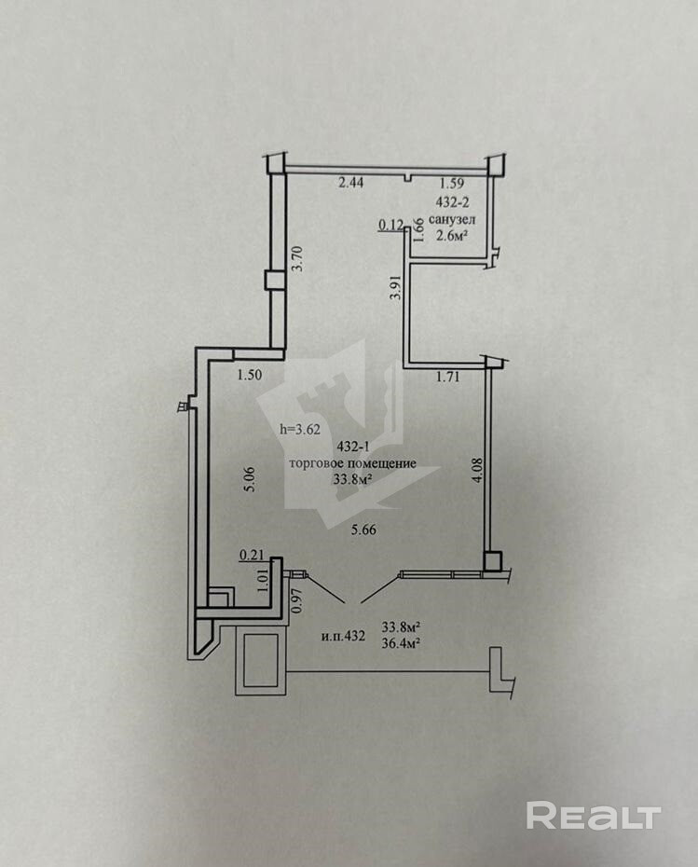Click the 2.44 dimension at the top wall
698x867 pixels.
[350, 184]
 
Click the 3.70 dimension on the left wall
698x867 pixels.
[297, 257]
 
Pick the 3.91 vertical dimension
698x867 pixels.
[395, 287]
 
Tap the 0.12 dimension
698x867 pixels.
[389, 224]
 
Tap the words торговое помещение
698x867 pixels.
[352, 464]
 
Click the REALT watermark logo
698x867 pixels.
[594, 816]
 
